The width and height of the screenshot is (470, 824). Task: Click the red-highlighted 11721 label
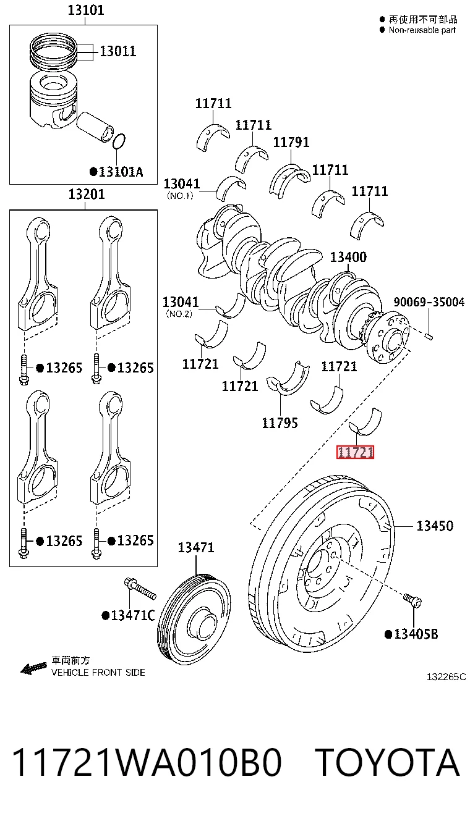[355, 452]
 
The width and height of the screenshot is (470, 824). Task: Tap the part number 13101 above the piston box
[86, 11]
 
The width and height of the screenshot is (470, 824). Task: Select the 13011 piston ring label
[118, 51]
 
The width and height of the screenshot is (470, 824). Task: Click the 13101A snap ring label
[116, 172]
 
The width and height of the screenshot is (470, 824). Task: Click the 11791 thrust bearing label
[291, 142]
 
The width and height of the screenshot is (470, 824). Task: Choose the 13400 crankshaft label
[348, 257]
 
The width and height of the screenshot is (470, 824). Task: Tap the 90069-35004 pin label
[429, 302]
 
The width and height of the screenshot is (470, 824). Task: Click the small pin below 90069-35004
[429, 336]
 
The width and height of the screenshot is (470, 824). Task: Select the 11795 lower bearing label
[280, 423]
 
